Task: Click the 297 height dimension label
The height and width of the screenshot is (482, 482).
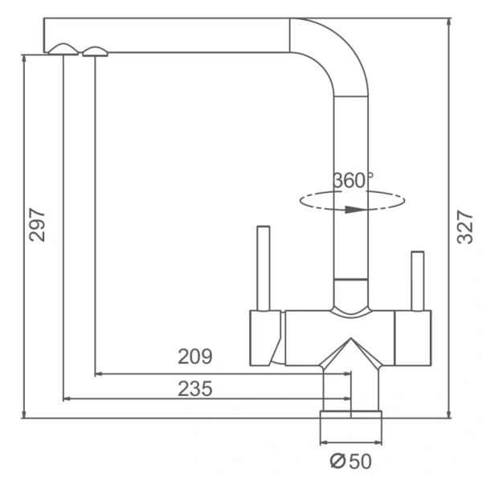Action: tap(37, 225)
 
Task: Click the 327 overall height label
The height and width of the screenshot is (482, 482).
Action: tap(465, 227)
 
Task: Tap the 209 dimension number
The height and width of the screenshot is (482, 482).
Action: tap(195, 357)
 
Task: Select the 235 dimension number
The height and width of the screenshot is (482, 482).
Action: tap(195, 389)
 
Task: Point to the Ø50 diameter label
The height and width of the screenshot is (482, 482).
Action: tap(351, 461)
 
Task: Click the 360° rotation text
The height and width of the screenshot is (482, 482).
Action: tap(353, 181)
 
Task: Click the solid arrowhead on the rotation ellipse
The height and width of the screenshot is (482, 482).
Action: tap(355, 210)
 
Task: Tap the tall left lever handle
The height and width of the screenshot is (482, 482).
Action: tap(263, 268)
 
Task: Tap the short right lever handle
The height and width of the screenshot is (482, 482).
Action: tap(418, 281)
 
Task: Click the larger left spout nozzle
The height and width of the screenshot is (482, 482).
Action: tap(63, 49)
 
